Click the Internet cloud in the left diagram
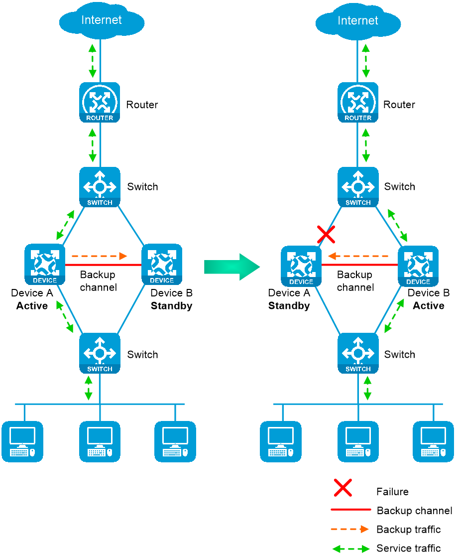102,45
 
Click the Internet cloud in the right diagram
358,45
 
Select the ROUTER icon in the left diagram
100,102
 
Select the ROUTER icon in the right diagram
358,102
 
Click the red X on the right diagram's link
326,234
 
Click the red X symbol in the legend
343,487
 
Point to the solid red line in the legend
351,509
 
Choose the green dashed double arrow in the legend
351,549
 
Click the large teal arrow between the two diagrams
232,267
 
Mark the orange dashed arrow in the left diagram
96,256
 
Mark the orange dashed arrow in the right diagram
358,256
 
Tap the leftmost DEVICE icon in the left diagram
45,264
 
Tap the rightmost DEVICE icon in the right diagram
418,266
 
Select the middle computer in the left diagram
100,441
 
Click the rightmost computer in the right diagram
434,441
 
